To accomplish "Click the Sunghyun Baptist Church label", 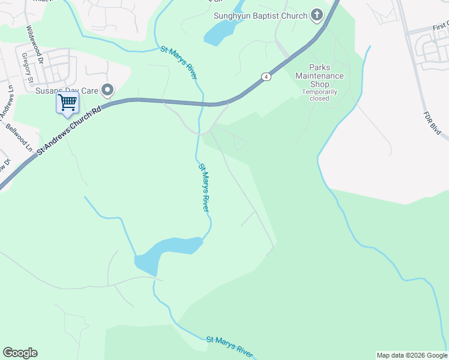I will pyautogui.click(x=261, y=16).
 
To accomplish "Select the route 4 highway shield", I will pyautogui.click(x=266, y=77).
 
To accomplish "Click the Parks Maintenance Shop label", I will pyautogui.click(x=319, y=76).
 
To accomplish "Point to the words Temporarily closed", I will pyautogui.click(x=319, y=95).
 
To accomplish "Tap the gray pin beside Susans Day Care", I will pyautogui.click(x=108, y=90).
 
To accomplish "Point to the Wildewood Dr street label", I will pyautogui.click(x=29, y=41).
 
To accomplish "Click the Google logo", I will pyautogui.click(x=20, y=353).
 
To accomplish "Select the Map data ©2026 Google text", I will pyautogui.click(x=411, y=355).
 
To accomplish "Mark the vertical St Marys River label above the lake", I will pyautogui.click(x=203, y=187).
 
